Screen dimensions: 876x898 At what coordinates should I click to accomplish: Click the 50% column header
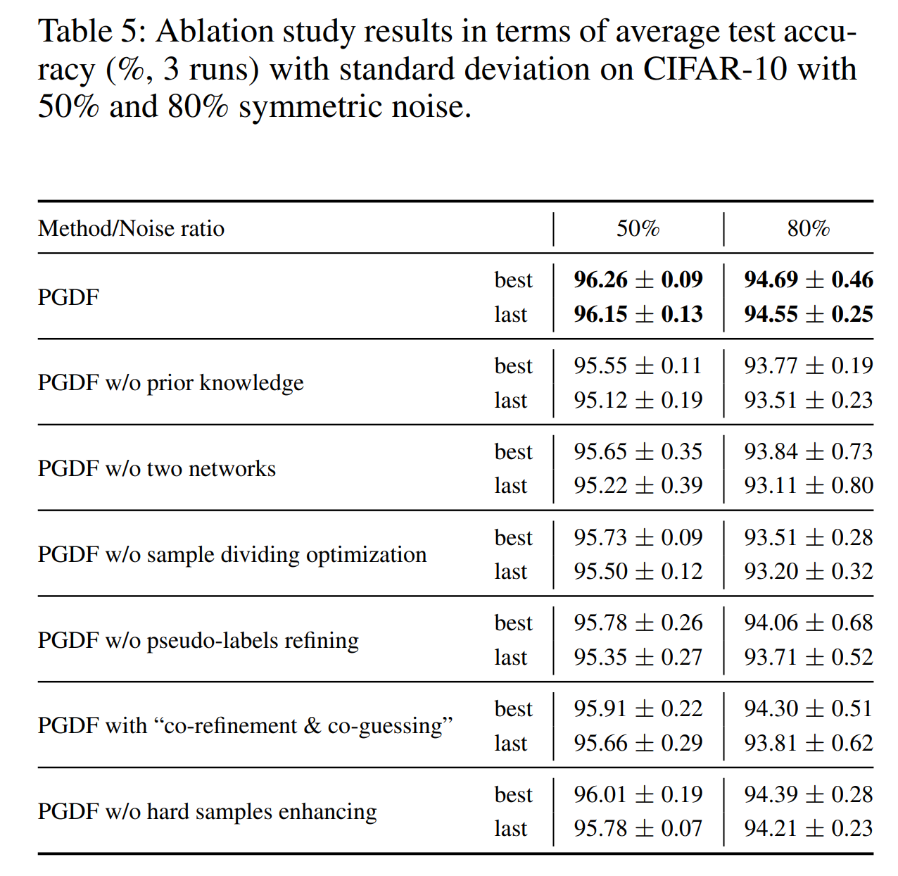click(x=638, y=229)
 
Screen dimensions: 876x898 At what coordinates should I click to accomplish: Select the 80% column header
click(x=808, y=229)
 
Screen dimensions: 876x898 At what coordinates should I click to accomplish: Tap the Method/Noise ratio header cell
click(x=132, y=229)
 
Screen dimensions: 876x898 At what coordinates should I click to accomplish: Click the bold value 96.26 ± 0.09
click(x=638, y=280)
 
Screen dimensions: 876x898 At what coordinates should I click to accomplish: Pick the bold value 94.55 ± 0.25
click(x=808, y=314)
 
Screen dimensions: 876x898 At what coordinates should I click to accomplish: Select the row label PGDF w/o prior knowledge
click(x=171, y=383)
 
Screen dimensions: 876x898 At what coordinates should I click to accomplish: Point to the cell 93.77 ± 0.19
click(x=808, y=365)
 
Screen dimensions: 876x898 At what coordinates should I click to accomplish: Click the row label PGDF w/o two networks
click(x=157, y=469)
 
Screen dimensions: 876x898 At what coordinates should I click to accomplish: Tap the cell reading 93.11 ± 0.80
click(x=808, y=486)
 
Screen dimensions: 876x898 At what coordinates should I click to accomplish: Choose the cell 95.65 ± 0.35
click(x=638, y=451)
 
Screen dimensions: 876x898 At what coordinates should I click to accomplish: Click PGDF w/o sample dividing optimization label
click(x=232, y=555)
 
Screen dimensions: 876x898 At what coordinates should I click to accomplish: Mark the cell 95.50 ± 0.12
click(x=638, y=572)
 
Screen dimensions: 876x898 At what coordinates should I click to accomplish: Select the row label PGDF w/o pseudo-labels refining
click(x=198, y=641)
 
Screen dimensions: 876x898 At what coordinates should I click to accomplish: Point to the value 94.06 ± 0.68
click(x=808, y=623)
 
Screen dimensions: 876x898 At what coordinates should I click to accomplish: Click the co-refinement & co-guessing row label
click(x=245, y=726)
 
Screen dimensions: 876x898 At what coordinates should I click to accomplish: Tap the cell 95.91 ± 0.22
click(x=638, y=709)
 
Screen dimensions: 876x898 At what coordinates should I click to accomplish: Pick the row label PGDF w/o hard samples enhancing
click(x=208, y=812)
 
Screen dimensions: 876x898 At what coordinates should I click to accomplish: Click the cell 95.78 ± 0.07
click(x=638, y=829)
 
